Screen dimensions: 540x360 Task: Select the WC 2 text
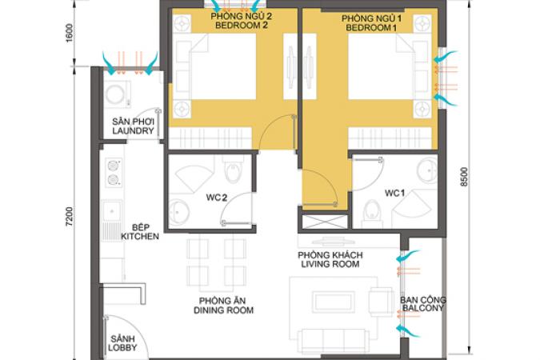pos(217,198)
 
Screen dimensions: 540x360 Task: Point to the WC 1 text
pos(394,194)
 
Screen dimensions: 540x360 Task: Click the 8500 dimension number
pos(465,177)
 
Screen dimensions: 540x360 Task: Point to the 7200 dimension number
pos(70,217)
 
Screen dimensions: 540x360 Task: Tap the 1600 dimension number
pos(70,33)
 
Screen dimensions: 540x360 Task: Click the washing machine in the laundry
pos(117,94)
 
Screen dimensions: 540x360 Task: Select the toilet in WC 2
pos(233,170)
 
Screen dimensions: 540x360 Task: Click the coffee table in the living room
pos(334,302)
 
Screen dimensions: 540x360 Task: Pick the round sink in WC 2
pos(178,212)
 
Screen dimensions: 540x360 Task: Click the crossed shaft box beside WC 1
pos(325,222)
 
